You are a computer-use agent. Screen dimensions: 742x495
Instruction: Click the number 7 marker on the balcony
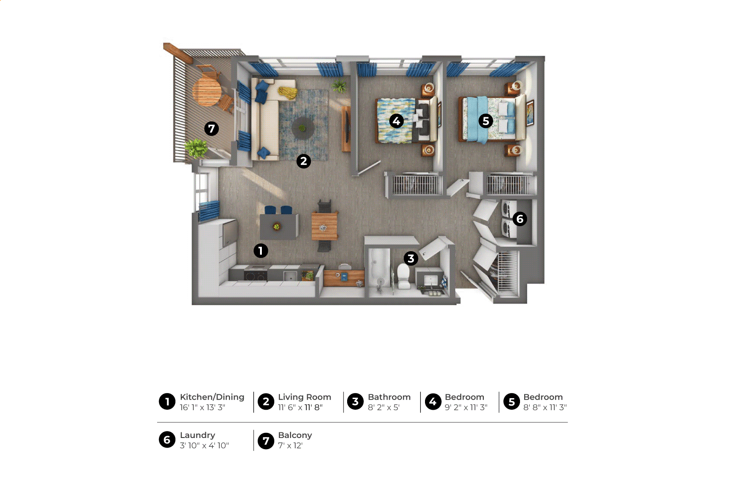pyautogui.click(x=211, y=128)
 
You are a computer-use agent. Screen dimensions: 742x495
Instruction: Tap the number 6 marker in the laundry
pyautogui.click(x=520, y=219)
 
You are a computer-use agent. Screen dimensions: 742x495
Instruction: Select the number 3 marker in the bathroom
pyautogui.click(x=411, y=258)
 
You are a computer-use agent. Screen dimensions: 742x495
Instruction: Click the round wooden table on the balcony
pyautogui.click(x=207, y=92)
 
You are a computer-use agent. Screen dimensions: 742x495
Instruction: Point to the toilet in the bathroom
pyautogui.click(x=404, y=276)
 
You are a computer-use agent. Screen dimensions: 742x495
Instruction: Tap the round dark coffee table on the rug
pyautogui.click(x=303, y=128)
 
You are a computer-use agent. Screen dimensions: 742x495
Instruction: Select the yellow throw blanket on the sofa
pyautogui.click(x=287, y=92)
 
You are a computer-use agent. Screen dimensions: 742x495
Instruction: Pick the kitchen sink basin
pyautogui.click(x=290, y=276)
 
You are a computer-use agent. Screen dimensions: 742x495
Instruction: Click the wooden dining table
pyautogui.click(x=324, y=226)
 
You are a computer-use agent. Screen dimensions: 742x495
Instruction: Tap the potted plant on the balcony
pyautogui.click(x=196, y=148)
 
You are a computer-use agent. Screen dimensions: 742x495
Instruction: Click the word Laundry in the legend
pyautogui.click(x=197, y=435)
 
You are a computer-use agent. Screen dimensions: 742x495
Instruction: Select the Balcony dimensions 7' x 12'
pyautogui.click(x=290, y=445)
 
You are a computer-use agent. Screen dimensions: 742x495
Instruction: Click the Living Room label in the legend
pyautogui.click(x=304, y=397)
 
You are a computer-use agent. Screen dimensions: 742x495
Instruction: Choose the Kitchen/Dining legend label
pyautogui.click(x=212, y=397)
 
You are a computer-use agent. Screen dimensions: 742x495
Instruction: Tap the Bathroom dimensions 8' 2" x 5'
pyautogui.click(x=384, y=407)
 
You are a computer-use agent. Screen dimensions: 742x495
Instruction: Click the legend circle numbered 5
pyautogui.click(x=512, y=401)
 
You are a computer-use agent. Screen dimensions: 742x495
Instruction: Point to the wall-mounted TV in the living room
pyautogui.click(x=347, y=128)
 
